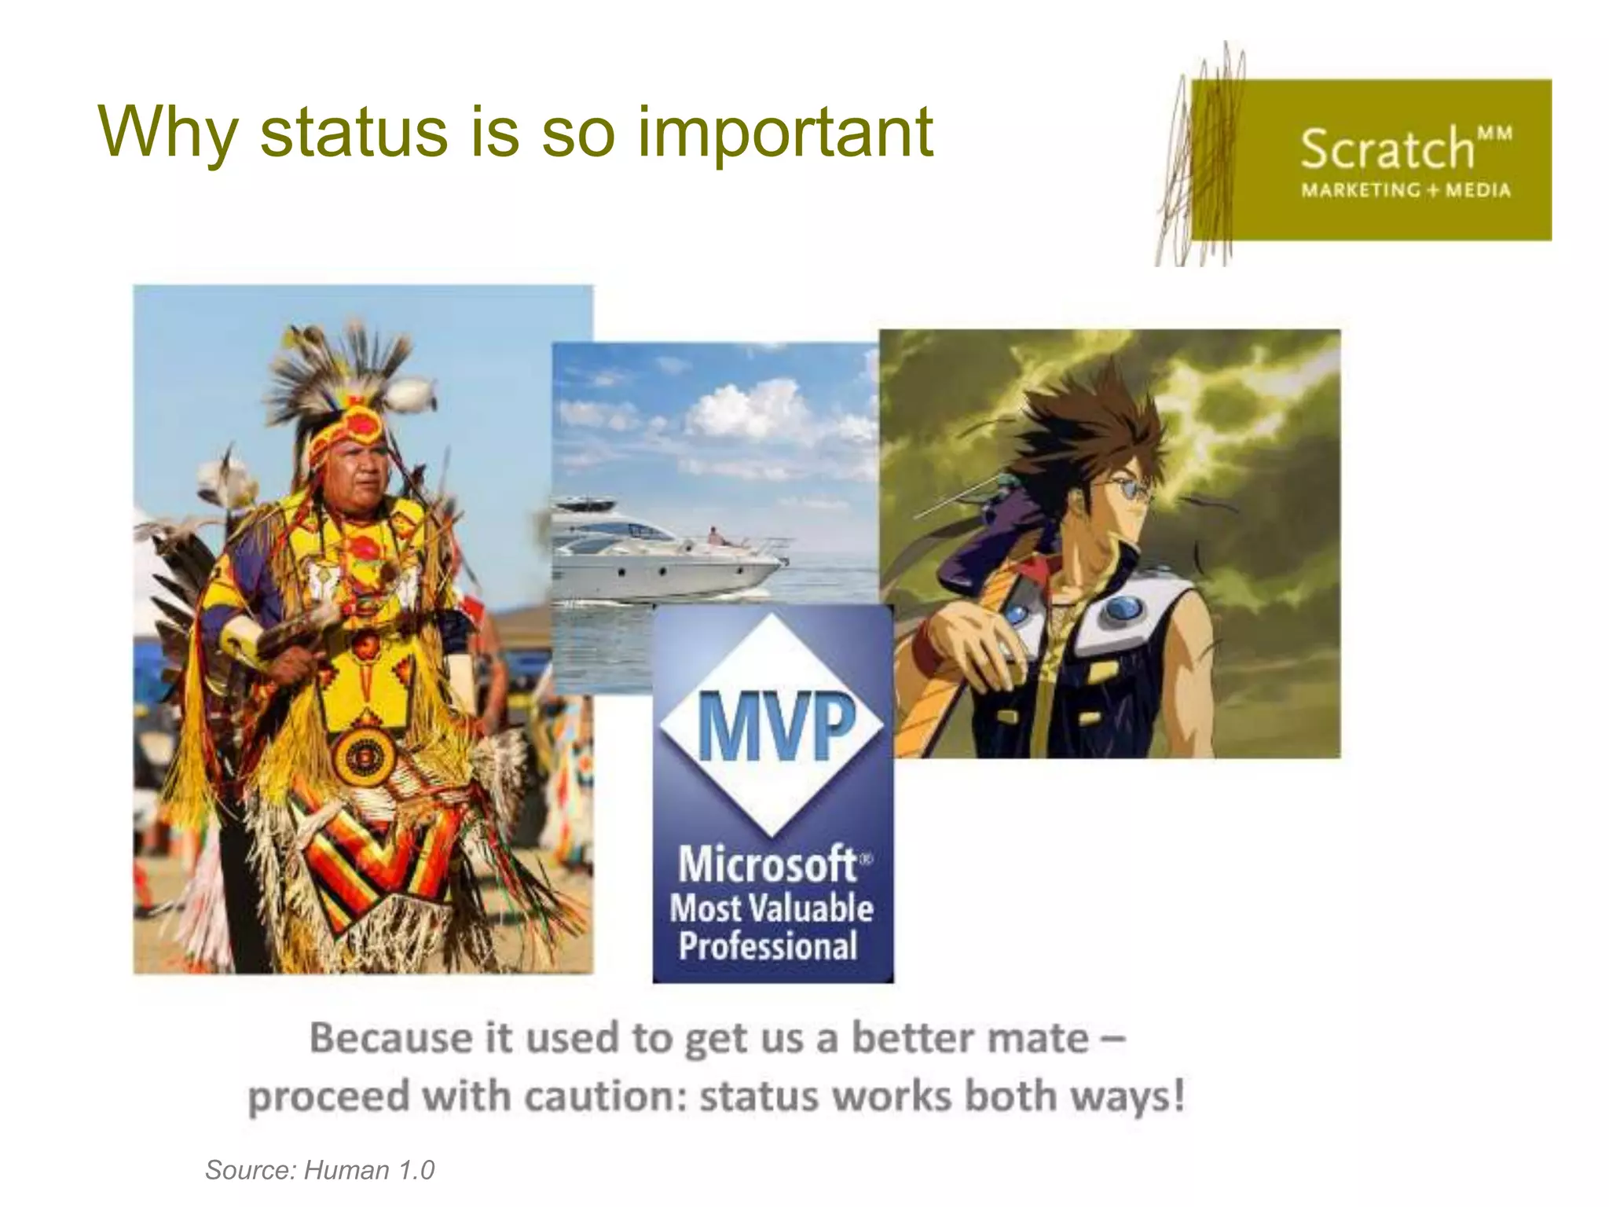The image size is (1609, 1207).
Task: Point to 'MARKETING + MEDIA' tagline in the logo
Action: (1406, 190)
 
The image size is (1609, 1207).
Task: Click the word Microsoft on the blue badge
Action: (767, 864)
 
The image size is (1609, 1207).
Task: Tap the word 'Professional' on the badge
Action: (768, 945)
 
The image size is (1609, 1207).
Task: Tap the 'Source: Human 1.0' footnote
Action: (320, 1170)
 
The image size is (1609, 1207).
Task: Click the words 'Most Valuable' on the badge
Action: (771, 908)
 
